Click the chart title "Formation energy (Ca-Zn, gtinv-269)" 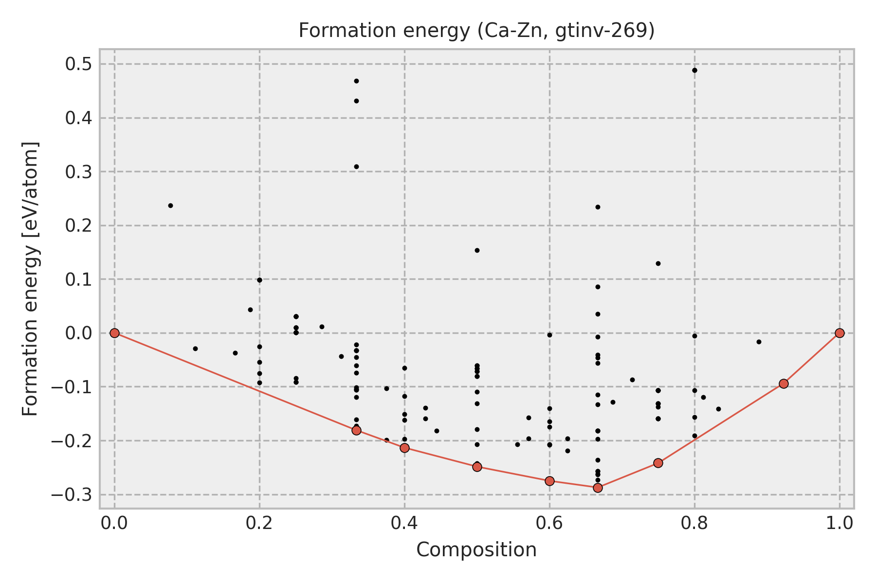[x=476, y=31]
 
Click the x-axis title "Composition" [x=476, y=550]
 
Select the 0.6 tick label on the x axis [x=549, y=523]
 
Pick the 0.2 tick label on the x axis [x=259, y=523]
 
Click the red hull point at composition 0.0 [x=114, y=333]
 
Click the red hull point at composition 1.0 [x=839, y=333]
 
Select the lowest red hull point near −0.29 [x=598, y=488]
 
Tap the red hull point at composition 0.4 [x=404, y=448]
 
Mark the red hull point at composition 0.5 [x=477, y=467]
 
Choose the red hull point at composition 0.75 [x=658, y=463]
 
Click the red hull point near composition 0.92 [x=784, y=383]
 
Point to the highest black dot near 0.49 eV [x=694, y=70]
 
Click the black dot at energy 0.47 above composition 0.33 [x=356, y=81]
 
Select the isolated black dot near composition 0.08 [x=170, y=205]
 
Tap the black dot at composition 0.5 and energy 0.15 [x=477, y=250]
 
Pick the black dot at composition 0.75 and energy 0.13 [x=658, y=263]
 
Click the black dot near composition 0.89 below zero [x=759, y=342]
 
